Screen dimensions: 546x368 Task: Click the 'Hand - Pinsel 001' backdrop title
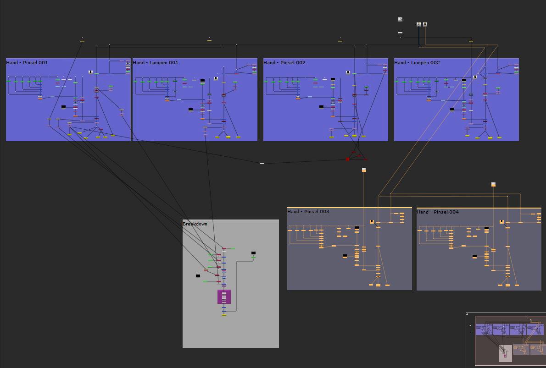pos(27,63)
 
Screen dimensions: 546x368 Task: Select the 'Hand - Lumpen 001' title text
pos(155,63)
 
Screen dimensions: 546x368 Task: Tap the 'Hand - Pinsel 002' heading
pos(284,63)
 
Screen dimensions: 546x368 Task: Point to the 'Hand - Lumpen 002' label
pos(417,63)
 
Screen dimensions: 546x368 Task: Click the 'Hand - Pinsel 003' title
pos(308,211)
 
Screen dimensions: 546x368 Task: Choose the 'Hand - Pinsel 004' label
pos(438,212)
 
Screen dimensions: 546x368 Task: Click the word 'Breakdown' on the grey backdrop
pos(195,224)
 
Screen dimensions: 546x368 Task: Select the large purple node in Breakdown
pos(224,297)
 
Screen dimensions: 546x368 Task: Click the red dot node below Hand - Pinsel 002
pos(347,159)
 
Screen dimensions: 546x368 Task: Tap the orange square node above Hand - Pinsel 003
pos(364,170)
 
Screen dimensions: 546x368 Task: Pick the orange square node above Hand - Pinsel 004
pos(493,184)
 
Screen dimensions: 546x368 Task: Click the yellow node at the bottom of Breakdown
pos(224,315)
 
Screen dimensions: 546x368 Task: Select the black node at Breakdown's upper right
pos(253,253)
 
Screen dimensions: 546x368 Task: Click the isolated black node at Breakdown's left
pos(198,276)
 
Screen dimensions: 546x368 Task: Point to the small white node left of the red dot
pos(262,164)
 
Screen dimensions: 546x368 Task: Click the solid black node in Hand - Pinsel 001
pos(63,107)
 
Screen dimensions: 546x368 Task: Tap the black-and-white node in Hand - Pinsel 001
pos(90,72)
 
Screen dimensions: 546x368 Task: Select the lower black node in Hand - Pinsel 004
pos(474,256)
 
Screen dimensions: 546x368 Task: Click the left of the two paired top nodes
pos(418,24)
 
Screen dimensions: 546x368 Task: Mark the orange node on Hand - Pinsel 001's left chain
pos(40,99)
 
